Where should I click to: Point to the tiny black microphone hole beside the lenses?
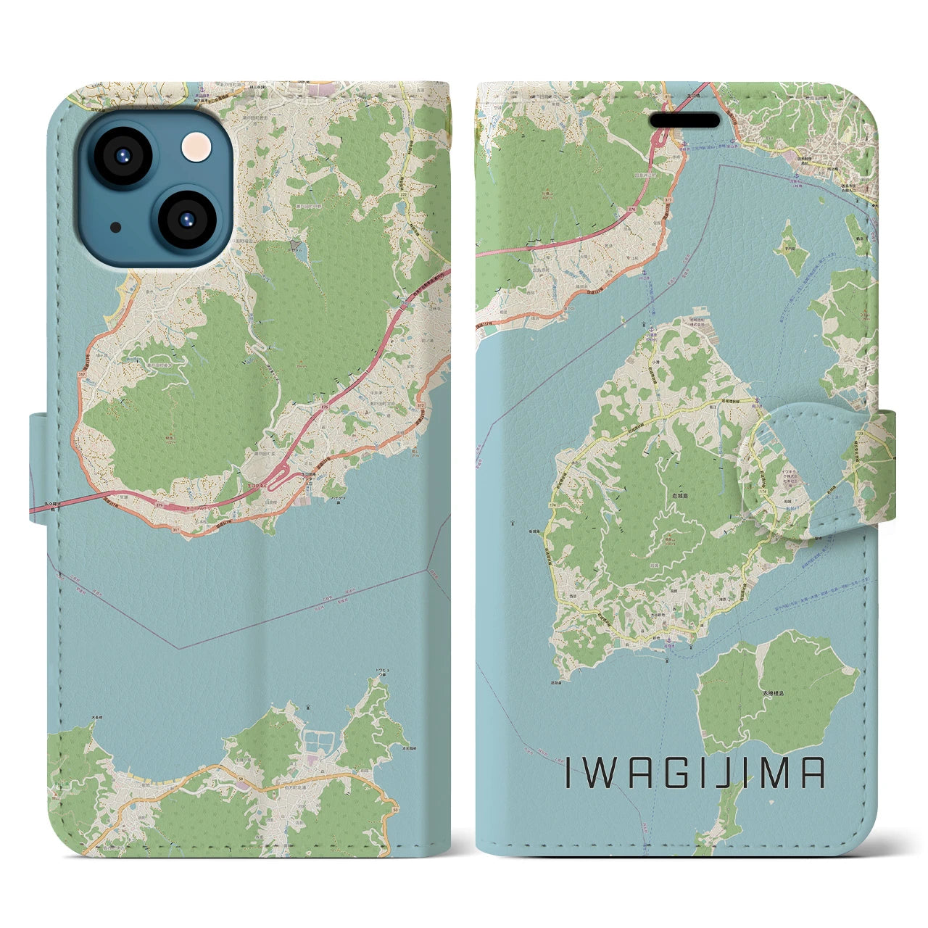116,227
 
